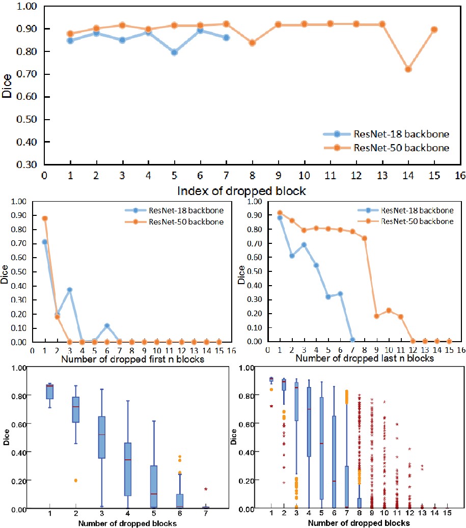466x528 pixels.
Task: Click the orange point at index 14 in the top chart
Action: point(408,69)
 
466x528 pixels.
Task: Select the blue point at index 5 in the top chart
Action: point(174,52)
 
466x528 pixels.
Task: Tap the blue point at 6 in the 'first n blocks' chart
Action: point(107,325)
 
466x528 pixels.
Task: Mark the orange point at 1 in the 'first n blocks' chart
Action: point(45,218)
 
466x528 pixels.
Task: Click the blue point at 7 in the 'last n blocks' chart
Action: point(352,340)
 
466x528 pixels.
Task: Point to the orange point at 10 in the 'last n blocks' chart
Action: point(389,310)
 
